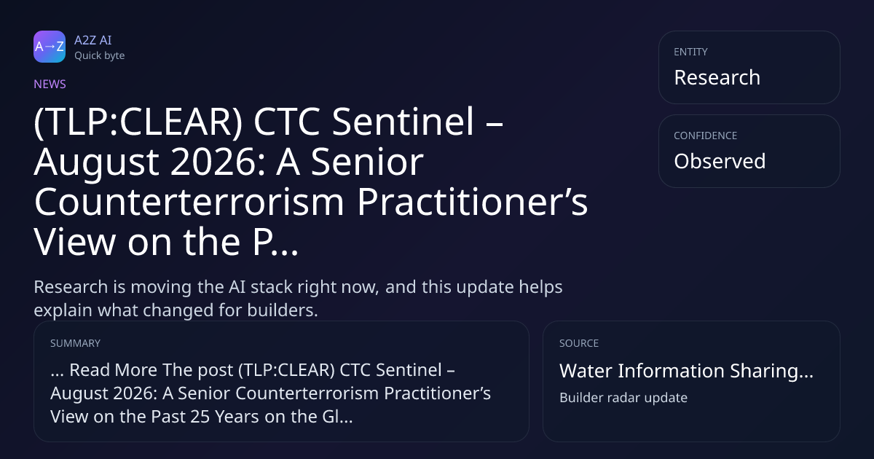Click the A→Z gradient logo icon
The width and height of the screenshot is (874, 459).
(50, 47)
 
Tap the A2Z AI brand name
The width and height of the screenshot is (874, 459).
(93, 40)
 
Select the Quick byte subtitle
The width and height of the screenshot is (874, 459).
(100, 56)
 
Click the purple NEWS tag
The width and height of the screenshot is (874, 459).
(50, 84)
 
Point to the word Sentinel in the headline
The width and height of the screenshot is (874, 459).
(403, 122)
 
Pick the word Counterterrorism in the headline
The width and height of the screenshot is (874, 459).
(189, 202)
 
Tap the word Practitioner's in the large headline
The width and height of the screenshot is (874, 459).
(472, 202)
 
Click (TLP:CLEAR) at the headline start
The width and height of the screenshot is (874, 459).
(138, 122)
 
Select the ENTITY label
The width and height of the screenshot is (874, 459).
(690, 52)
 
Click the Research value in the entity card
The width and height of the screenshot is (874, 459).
(717, 77)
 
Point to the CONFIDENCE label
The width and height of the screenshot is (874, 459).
(706, 136)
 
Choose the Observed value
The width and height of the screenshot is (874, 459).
(720, 161)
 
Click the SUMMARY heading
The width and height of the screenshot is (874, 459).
(75, 343)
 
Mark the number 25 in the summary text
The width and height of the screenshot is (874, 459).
(200, 417)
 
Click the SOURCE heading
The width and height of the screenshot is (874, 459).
(579, 343)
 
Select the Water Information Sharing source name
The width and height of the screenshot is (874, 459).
(686, 371)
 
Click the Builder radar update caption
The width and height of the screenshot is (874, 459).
(623, 398)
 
